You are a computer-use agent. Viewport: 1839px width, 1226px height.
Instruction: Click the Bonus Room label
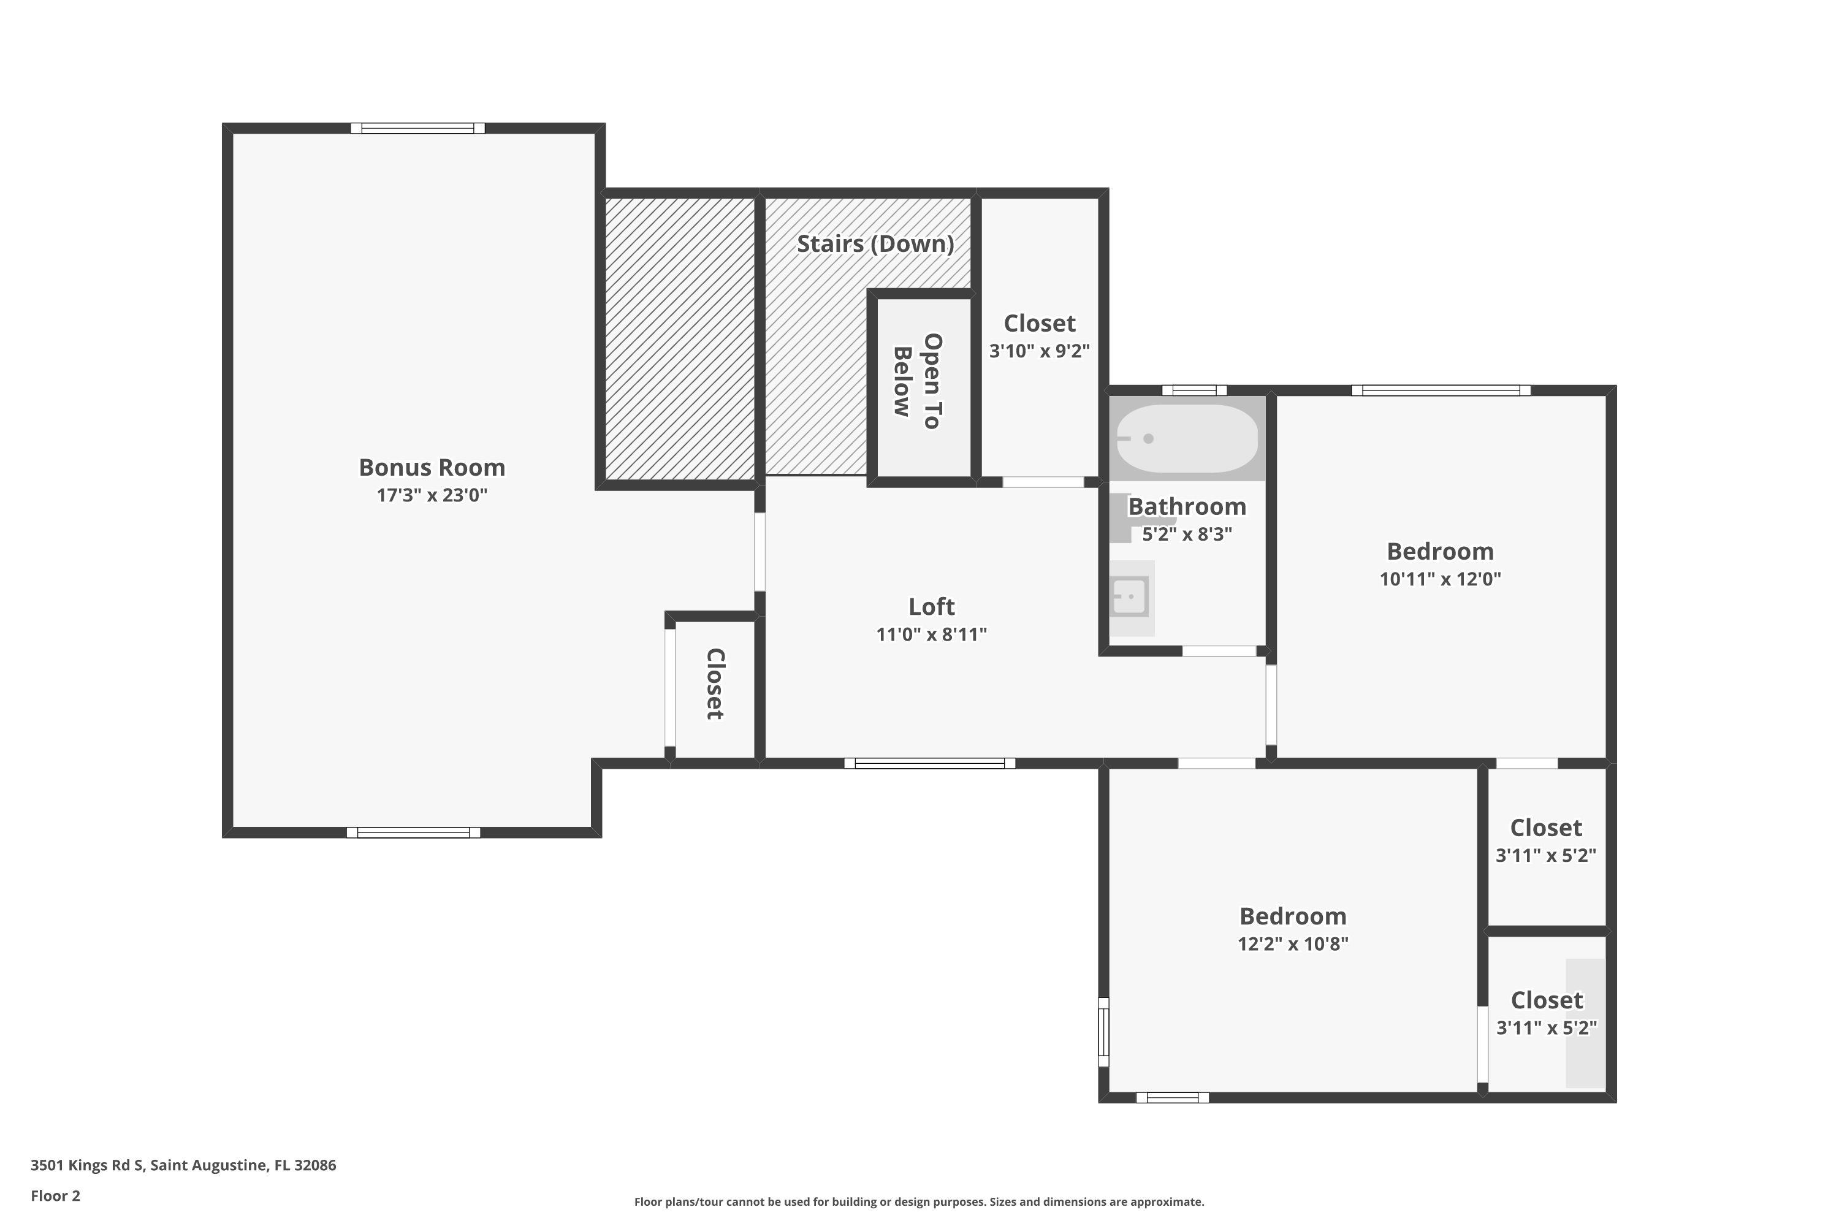point(432,468)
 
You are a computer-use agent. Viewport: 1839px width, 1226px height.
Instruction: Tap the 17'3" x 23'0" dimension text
point(432,495)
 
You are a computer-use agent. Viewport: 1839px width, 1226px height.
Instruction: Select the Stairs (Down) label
point(875,244)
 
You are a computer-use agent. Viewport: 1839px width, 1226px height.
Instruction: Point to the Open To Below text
point(918,381)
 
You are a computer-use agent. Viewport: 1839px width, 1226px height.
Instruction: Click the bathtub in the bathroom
point(1187,439)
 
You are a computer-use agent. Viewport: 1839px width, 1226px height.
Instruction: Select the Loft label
point(931,607)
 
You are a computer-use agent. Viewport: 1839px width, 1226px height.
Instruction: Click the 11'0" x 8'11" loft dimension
point(931,634)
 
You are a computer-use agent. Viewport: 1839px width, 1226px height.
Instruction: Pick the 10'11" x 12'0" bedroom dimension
point(1440,579)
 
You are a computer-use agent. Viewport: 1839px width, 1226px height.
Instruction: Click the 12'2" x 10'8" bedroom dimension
point(1293,944)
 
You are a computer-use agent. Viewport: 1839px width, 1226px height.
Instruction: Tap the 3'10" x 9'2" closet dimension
point(1039,351)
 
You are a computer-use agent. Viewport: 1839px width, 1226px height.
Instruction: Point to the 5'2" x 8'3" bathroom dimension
point(1187,534)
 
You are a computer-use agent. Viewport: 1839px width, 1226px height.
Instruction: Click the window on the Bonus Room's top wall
point(417,128)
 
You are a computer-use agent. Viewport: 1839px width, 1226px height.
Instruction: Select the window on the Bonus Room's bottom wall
point(414,832)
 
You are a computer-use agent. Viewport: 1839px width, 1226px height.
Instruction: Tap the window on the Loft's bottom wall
point(930,763)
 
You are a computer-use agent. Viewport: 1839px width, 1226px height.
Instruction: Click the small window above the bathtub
point(1194,390)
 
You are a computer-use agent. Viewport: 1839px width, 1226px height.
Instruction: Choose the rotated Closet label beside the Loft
point(715,684)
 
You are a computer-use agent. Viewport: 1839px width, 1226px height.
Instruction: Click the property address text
point(183,1165)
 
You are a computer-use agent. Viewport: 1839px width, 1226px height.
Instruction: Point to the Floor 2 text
point(56,1195)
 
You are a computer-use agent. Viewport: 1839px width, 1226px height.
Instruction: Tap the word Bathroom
point(1187,507)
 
